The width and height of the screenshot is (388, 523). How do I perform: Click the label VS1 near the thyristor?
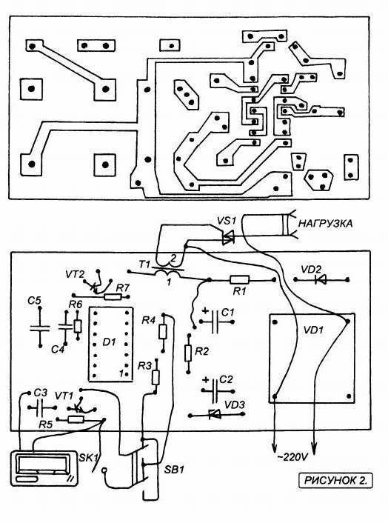pos(227,221)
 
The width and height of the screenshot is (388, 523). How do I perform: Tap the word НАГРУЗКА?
pos(325,223)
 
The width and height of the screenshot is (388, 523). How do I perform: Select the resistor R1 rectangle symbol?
pos(240,279)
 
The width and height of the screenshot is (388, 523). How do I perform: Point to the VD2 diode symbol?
pos(321,279)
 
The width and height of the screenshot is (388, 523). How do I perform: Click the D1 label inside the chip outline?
pos(109,342)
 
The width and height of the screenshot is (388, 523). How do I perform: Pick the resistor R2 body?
pos(188,353)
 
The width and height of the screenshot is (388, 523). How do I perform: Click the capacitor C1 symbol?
pos(215,322)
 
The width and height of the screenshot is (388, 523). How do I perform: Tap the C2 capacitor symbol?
pos(215,390)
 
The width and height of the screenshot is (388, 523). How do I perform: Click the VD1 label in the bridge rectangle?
pos(313,330)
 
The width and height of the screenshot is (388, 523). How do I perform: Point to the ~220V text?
pos(292,456)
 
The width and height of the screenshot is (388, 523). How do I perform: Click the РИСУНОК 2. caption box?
pos(335,480)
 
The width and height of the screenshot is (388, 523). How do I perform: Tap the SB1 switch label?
pos(174,470)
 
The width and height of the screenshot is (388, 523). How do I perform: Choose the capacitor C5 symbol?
pos(40,328)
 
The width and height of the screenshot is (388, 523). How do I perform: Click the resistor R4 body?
pos(163,332)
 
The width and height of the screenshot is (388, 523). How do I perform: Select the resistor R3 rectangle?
pos(155,377)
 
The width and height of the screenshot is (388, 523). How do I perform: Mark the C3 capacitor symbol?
pos(40,407)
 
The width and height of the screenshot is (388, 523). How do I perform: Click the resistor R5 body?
pos(76,419)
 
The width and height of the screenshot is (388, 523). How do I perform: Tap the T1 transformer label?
pos(144,265)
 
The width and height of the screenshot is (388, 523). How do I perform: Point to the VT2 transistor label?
pos(74,275)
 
